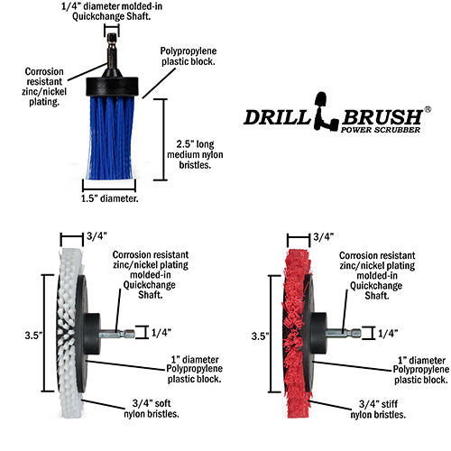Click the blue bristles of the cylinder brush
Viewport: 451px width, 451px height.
tap(111, 138)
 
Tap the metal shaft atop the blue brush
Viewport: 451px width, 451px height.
tap(112, 51)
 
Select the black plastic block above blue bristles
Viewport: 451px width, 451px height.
tap(112, 87)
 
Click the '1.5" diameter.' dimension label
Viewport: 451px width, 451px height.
tap(109, 198)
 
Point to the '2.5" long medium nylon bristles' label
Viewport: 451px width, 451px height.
tap(195, 154)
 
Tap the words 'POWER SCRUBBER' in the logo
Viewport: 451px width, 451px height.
tap(381, 130)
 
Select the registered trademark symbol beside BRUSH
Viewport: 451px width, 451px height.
tap(428, 109)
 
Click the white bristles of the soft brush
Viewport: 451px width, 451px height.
tap(69, 332)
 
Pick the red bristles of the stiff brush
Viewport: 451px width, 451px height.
tap(296, 333)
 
